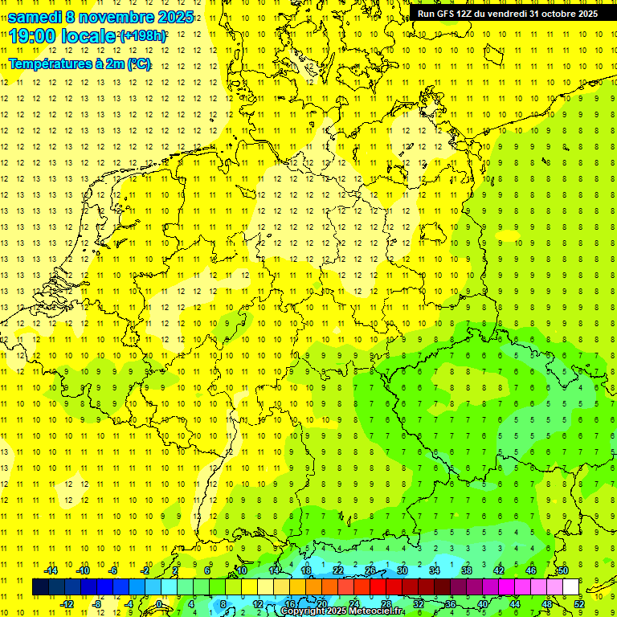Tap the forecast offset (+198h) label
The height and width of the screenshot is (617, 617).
143,36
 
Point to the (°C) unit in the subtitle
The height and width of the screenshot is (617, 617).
137,63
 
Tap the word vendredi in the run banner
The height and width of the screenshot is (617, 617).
504,14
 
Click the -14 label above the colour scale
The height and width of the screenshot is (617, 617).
51,570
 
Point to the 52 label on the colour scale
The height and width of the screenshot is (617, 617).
579,603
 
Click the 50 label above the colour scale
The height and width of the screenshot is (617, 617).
563,570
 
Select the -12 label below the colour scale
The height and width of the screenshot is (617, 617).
67,603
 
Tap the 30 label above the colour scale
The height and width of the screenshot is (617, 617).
402,570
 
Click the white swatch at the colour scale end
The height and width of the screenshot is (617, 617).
570,586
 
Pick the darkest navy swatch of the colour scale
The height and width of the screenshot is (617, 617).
40,586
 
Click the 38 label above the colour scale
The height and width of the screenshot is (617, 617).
466,570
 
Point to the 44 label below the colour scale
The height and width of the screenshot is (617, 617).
515,603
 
